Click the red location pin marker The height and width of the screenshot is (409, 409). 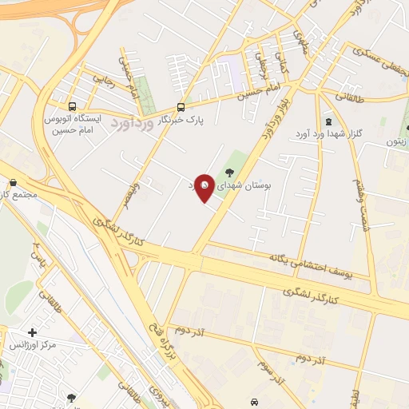point(204,187)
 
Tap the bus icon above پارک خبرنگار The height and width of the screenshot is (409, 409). point(181,106)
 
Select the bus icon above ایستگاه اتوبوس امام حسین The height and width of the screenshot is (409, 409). point(73,106)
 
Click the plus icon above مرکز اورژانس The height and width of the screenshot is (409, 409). point(32,332)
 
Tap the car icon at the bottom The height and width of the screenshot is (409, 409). point(254,401)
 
